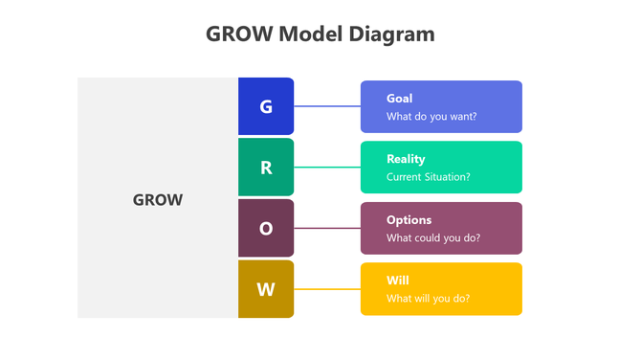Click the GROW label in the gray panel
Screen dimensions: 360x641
pyautogui.click(x=157, y=201)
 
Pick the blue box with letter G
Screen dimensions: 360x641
pyautogui.click(x=266, y=106)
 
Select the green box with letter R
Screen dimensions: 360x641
pyautogui.click(x=266, y=168)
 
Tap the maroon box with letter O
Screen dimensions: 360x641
pyautogui.click(x=266, y=229)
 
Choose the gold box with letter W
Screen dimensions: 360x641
pyautogui.click(x=266, y=289)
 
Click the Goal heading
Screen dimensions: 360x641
pyautogui.click(x=399, y=98)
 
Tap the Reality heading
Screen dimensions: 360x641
pyautogui.click(x=406, y=159)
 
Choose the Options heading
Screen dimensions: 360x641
pyautogui.click(x=409, y=219)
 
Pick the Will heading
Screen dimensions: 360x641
pyautogui.click(x=397, y=281)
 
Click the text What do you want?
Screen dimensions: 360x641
pyautogui.click(x=431, y=117)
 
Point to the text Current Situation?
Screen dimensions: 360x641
pyautogui.click(x=428, y=177)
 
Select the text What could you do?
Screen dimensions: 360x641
pyautogui.click(x=433, y=237)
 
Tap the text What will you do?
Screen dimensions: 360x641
pyautogui.click(x=428, y=298)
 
